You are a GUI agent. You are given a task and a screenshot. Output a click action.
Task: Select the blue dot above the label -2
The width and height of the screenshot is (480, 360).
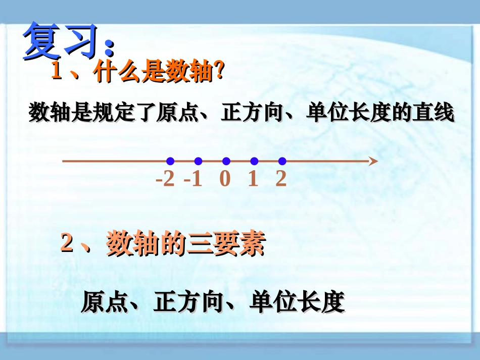point(170,161)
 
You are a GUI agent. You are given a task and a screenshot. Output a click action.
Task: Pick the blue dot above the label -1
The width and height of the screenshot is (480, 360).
point(198,161)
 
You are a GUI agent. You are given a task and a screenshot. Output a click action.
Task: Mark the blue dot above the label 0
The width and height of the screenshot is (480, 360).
point(226,161)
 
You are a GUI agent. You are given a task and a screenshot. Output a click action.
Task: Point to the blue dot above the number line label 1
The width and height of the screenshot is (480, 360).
point(254,161)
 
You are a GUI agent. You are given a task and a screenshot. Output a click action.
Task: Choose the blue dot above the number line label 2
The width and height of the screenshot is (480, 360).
point(282,161)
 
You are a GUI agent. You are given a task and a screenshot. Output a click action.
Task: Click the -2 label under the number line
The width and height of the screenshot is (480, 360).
point(165,179)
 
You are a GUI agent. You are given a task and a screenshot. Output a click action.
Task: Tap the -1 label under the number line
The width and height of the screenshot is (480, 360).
point(193,179)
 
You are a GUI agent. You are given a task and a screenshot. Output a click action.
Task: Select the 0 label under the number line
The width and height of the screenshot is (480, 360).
point(225,179)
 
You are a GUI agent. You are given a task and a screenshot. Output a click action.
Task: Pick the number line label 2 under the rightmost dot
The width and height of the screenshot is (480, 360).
point(281,179)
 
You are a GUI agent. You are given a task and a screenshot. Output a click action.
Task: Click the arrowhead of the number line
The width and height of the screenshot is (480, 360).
point(373,161)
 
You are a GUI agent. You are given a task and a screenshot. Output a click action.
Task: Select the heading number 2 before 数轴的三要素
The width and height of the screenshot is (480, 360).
point(67,245)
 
